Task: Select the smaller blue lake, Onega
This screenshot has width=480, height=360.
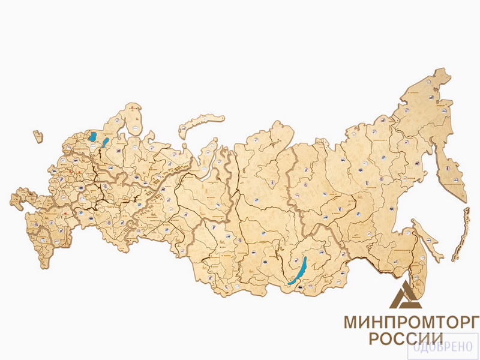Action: [106, 142]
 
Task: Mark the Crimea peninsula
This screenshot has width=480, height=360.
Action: [18, 199]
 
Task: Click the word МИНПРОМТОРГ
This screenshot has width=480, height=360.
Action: [411, 322]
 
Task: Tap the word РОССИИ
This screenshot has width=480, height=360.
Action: [406, 339]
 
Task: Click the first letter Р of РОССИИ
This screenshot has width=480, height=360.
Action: [374, 339]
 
